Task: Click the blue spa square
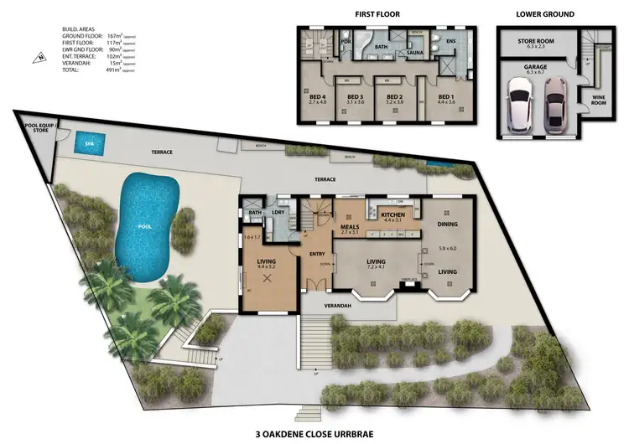point(84,144)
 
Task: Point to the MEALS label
point(351,225)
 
